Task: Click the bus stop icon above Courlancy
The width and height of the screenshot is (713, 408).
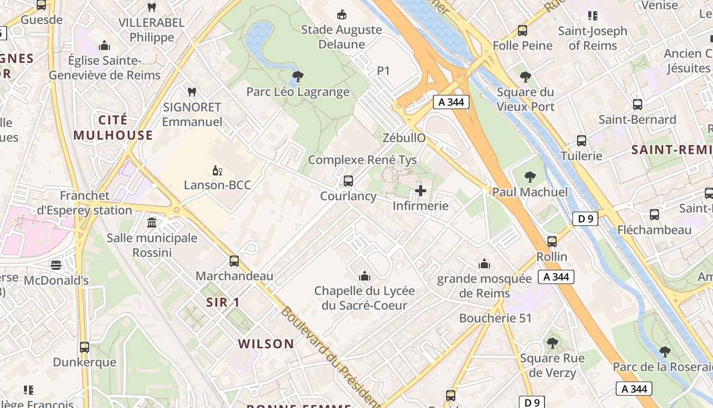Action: [348, 181]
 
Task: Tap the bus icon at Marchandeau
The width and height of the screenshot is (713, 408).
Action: [234, 261]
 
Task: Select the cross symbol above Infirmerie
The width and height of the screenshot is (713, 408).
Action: [421, 191]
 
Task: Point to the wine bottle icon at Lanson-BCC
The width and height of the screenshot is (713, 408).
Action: [217, 170]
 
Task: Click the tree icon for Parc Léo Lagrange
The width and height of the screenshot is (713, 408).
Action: [298, 77]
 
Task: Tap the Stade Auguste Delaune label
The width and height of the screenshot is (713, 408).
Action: [341, 37]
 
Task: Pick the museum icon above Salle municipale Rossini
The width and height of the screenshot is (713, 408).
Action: [152, 223]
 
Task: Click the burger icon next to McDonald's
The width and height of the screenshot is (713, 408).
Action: [56, 265]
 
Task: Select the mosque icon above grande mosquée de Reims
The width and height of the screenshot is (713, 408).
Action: [484, 264]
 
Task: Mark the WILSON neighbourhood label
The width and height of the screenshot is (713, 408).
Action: [266, 344]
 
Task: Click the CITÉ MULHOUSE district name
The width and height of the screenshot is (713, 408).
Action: [113, 127]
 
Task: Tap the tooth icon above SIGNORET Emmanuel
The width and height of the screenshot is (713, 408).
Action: [192, 92]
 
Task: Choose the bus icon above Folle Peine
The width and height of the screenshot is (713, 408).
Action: [523, 31]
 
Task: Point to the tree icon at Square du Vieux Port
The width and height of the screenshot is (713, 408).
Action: [526, 77]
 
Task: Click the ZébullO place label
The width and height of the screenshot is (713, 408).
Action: [404, 138]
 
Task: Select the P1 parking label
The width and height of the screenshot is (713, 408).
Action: [383, 71]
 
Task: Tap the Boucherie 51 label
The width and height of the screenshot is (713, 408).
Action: [495, 318]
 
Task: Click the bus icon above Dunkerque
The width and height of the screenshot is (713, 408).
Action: [85, 347]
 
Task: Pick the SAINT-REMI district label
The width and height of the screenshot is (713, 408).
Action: [671, 150]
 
